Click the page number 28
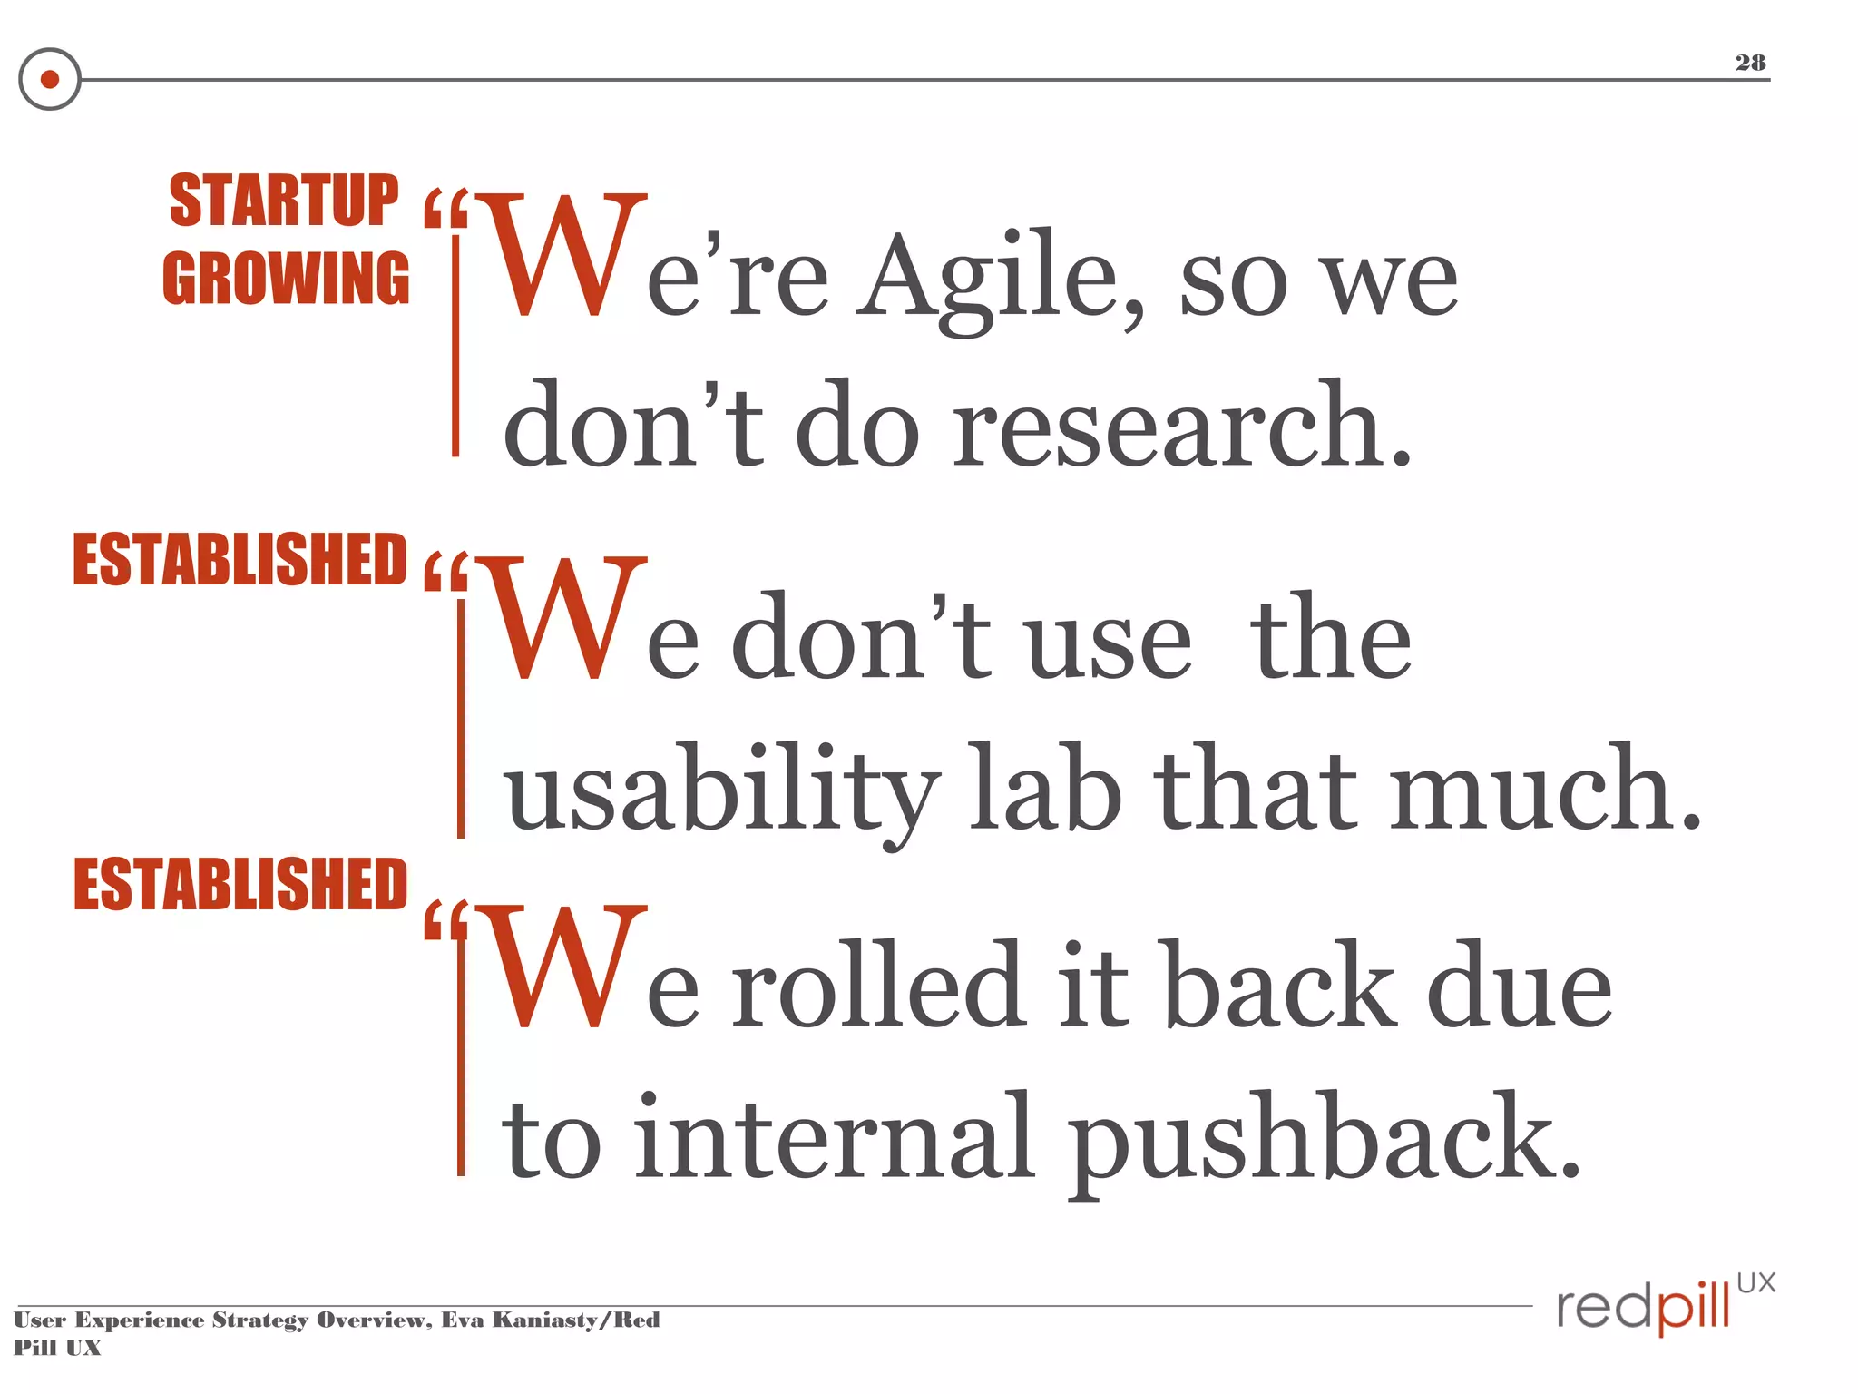[x=1750, y=63]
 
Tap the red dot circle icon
[x=50, y=79]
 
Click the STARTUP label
[x=284, y=201]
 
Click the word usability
[x=722, y=788]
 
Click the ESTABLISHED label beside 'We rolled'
[x=240, y=884]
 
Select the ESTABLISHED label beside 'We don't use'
[x=240, y=560]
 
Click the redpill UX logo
[x=1665, y=1303]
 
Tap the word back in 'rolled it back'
[x=1278, y=986]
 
